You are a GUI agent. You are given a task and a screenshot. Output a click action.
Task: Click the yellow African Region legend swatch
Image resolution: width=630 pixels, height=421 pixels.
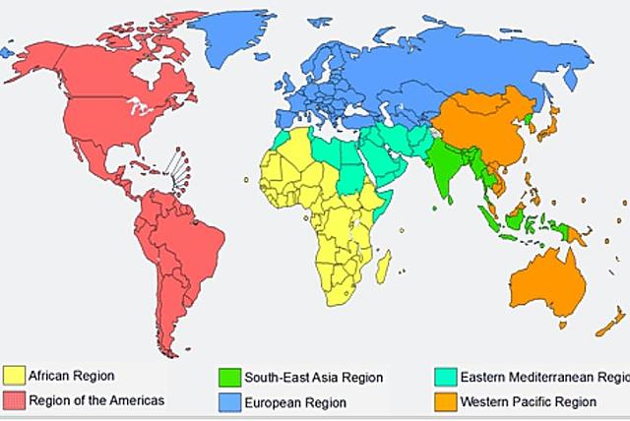[x=15, y=376]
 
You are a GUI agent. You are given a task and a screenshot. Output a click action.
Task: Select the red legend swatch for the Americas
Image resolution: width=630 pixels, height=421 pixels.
[x=15, y=400]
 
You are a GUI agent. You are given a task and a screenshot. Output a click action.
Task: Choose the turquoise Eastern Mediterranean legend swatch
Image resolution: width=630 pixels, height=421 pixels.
[x=444, y=377]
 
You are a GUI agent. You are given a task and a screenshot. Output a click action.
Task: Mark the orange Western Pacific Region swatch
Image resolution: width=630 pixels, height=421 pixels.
[x=444, y=401]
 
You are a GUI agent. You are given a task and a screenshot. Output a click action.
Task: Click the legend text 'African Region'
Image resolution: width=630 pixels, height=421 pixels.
[x=72, y=376]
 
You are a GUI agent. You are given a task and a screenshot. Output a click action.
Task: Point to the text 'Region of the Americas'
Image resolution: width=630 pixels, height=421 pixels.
[x=96, y=400]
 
